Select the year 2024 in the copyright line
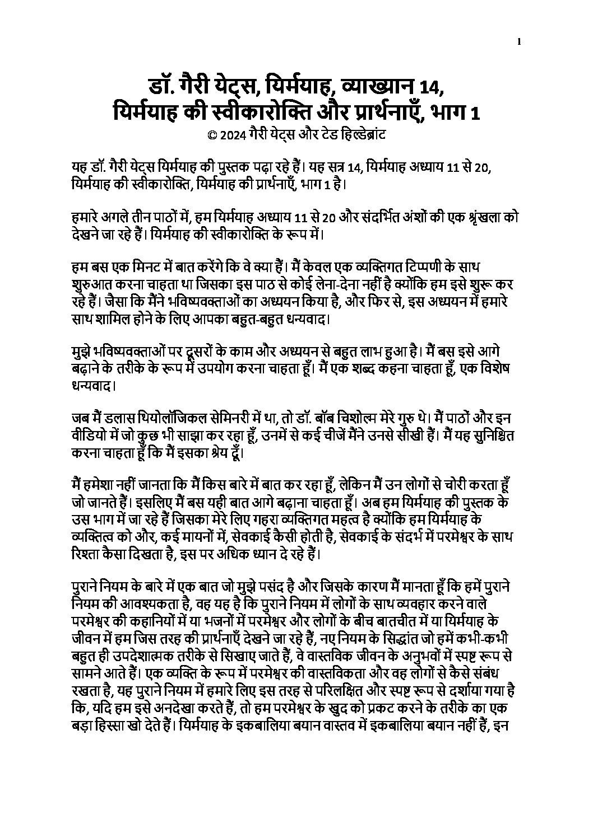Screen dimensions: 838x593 pyautogui.click(x=231, y=135)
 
